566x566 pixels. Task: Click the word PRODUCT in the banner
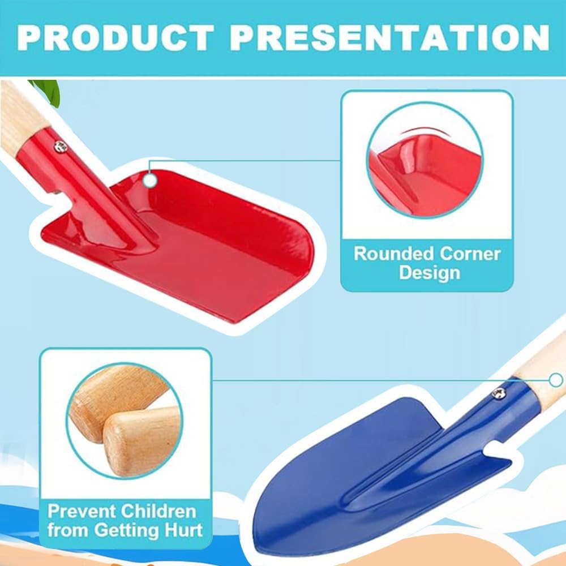115,37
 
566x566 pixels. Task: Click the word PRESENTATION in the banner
389,37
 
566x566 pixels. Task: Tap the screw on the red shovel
61,146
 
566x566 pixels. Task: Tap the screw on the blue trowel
500,393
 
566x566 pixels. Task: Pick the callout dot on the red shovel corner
150,180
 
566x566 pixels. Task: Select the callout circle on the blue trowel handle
556,380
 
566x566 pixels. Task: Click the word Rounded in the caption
393,254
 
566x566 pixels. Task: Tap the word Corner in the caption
470,255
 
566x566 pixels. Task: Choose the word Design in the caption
430,273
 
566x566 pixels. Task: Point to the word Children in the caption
158,512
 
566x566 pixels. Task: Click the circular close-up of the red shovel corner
425,160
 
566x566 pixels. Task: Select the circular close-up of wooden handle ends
125,421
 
